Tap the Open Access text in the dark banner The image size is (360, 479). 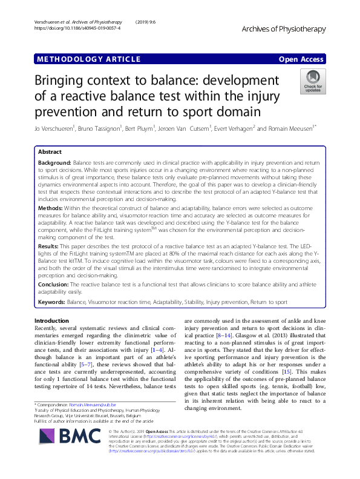(301, 59)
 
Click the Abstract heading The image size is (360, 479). (50, 152)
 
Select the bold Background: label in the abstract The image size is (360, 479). (54, 164)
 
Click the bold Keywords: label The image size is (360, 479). (52, 301)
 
